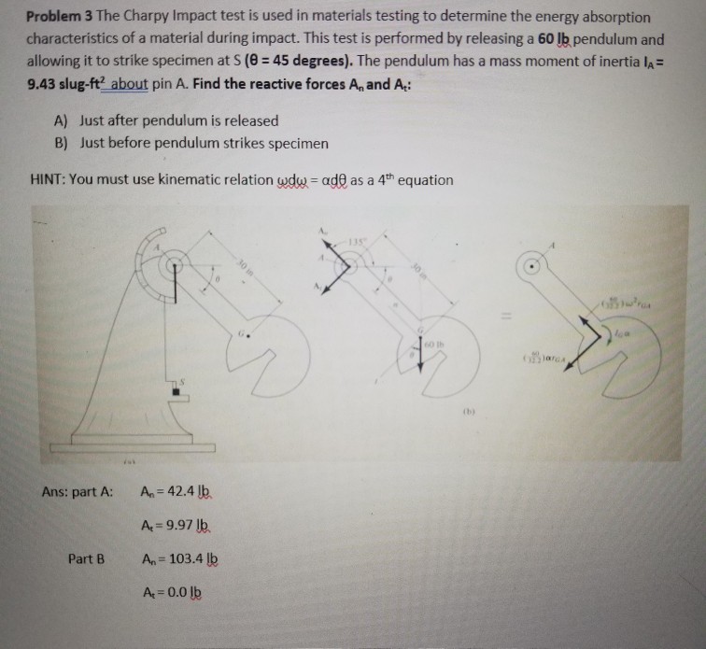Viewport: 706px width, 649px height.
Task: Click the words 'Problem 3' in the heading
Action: (55, 18)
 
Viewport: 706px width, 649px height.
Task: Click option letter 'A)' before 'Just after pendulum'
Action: (63, 121)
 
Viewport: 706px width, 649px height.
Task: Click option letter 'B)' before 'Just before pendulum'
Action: (63, 143)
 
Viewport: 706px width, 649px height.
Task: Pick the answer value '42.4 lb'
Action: (186, 492)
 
